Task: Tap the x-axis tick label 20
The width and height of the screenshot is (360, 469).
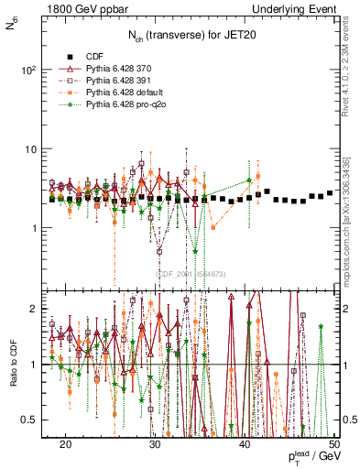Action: click(66, 443)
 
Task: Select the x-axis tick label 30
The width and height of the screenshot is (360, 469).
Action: click(156, 443)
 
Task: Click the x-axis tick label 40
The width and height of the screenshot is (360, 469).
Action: click(245, 443)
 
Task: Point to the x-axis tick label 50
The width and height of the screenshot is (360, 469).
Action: click(334, 443)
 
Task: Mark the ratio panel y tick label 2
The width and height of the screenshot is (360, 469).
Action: click(39, 309)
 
